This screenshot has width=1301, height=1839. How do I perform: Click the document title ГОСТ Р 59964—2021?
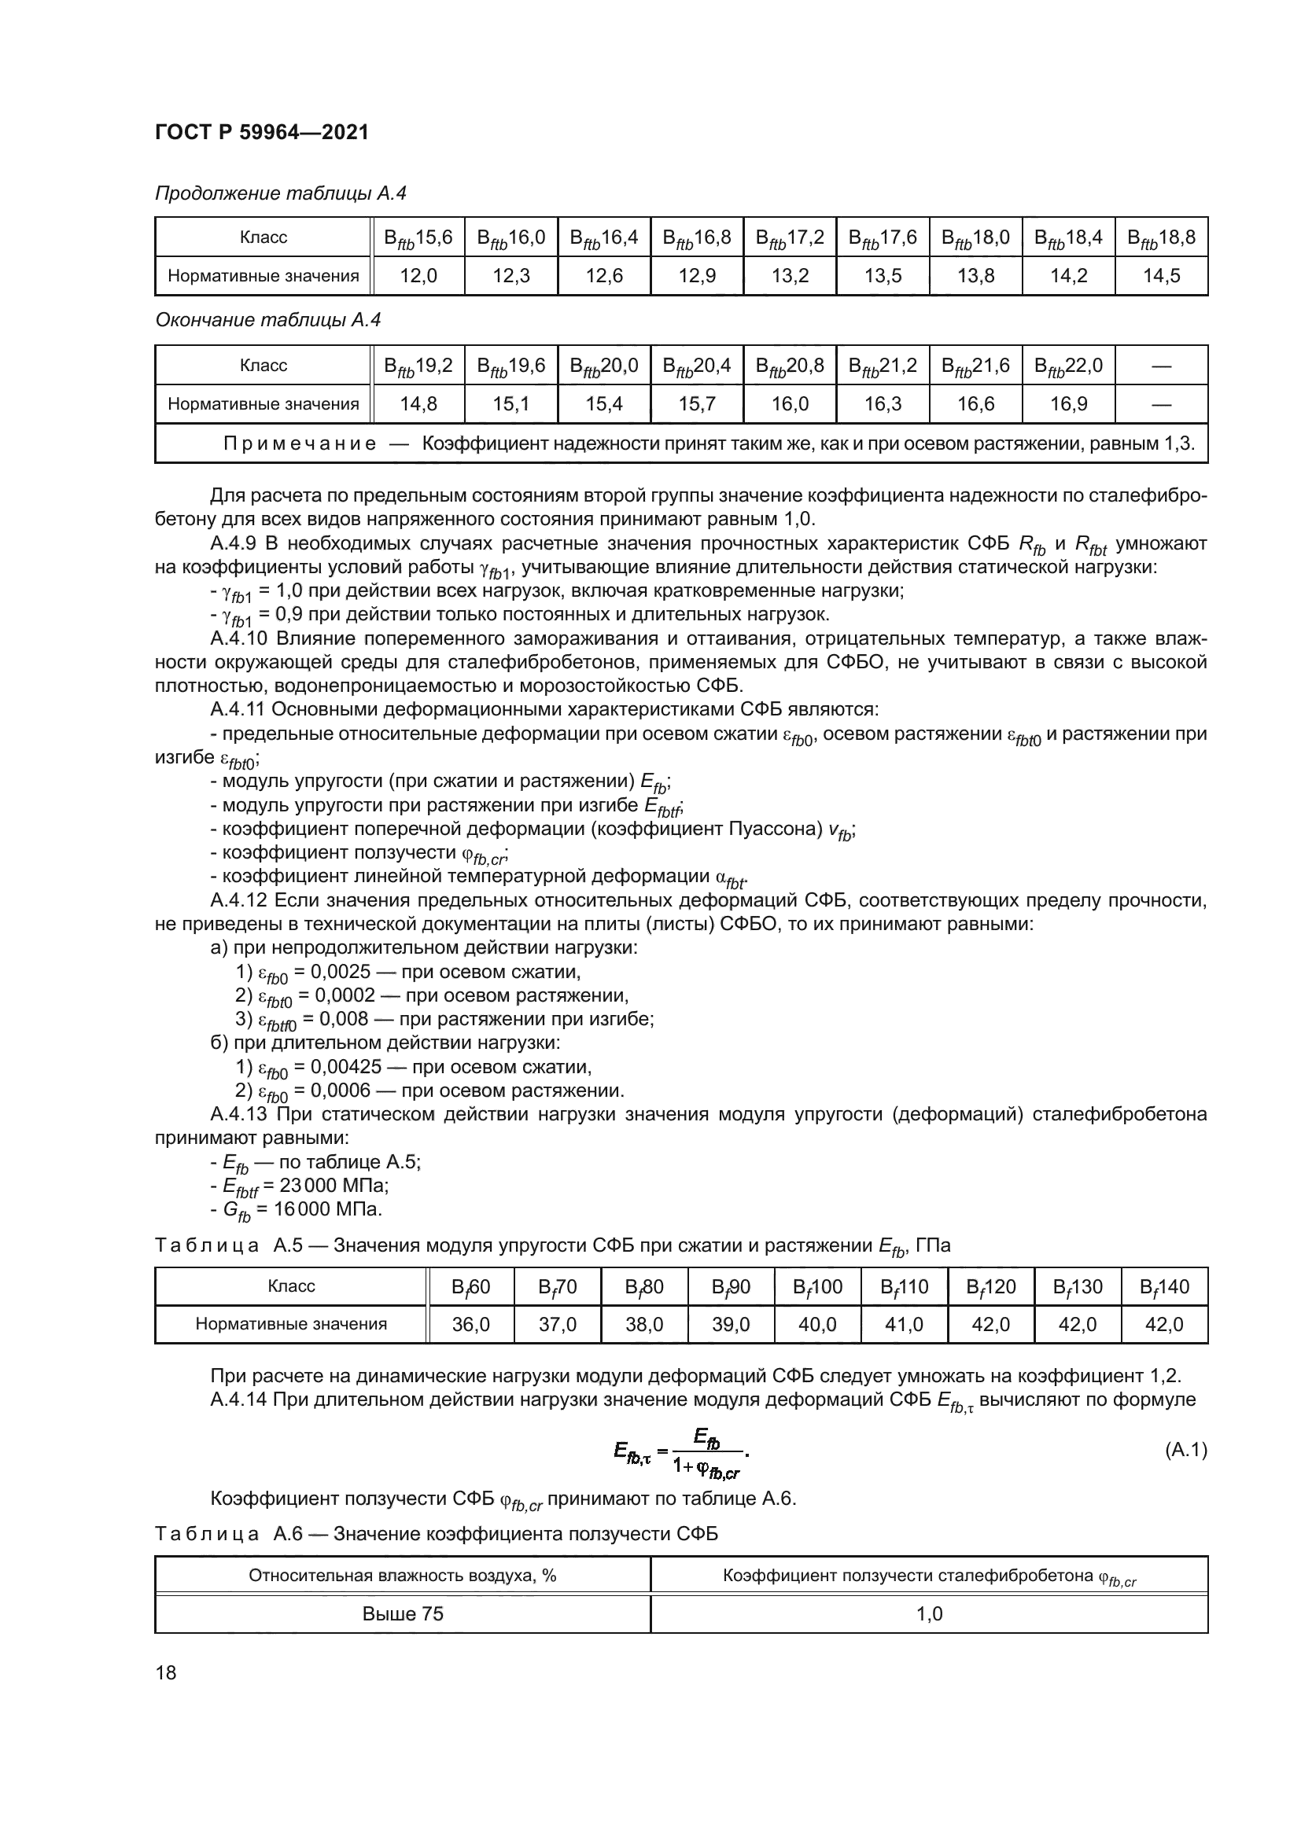pyautogui.click(x=261, y=132)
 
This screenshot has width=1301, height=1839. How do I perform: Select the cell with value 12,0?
pyautogui.click(x=418, y=276)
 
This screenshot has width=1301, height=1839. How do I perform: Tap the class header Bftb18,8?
pyautogui.click(x=1161, y=238)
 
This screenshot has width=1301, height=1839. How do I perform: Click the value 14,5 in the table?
pyautogui.click(x=1161, y=276)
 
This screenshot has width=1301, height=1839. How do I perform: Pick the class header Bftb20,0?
pyautogui.click(x=604, y=366)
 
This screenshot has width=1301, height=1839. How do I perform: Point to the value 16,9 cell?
pyautogui.click(x=1069, y=404)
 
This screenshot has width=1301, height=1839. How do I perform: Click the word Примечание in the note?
pyautogui.click(x=299, y=443)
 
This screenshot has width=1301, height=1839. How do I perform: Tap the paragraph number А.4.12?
pyautogui.click(x=237, y=900)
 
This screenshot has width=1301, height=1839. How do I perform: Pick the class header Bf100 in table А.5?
pyautogui.click(x=817, y=1287)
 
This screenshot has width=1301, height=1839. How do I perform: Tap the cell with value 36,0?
pyautogui.click(x=470, y=1325)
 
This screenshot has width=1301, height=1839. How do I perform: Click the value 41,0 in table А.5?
pyautogui.click(x=904, y=1325)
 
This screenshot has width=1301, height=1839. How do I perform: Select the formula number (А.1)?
pyautogui.click(x=1185, y=1450)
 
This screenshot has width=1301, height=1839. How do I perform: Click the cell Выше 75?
pyautogui.click(x=402, y=1614)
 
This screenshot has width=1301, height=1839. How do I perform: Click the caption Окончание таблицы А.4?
pyautogui.click(x=267, y=320)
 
